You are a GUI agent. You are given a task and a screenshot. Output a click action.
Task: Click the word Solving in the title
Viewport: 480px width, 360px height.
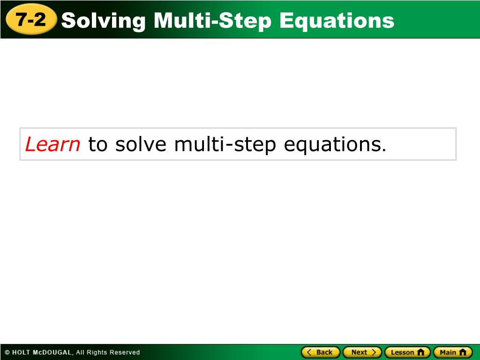[104, 21]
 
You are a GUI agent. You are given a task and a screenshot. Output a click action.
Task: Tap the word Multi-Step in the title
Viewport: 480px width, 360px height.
[212, 21]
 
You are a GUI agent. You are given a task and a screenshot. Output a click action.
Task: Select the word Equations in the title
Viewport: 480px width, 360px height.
[337, 21]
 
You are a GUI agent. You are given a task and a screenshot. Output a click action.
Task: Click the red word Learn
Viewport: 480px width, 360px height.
[52, 144]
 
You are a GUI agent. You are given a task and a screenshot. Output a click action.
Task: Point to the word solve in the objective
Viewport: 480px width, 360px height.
[141, 144]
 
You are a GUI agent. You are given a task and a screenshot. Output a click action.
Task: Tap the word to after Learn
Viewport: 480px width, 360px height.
[97, 144]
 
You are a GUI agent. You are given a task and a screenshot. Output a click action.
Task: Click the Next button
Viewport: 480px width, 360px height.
[362, 352]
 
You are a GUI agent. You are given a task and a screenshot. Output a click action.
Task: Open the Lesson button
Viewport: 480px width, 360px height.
[407, 352]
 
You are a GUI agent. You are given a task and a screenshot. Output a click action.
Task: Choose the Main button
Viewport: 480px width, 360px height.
[453, 352]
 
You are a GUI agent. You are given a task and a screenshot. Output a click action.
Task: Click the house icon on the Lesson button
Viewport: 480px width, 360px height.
[421, 352]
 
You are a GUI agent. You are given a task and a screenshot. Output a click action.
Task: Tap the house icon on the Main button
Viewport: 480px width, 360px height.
[463, 352]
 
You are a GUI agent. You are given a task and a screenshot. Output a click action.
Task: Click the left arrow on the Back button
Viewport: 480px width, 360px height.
[309, 352]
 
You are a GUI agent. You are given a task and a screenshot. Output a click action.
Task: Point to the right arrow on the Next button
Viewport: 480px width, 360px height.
[374, 352]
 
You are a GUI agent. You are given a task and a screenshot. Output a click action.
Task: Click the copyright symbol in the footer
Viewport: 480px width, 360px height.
[7, 352]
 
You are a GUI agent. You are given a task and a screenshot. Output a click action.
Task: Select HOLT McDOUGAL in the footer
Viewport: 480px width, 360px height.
[42, 352]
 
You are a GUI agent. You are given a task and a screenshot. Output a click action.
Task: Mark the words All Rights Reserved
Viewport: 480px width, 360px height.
[108, 352]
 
